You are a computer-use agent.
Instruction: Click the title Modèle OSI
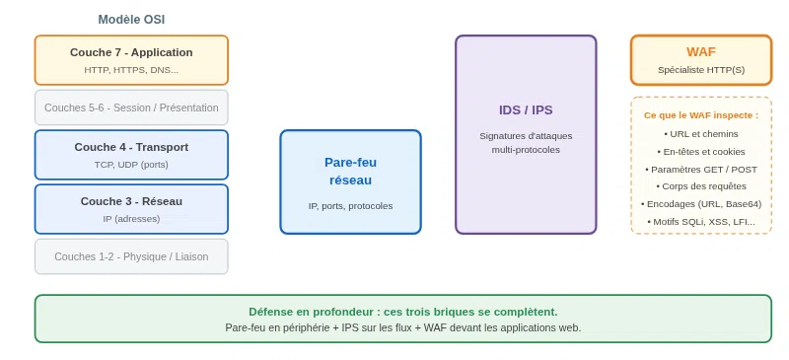(x=131, y=20)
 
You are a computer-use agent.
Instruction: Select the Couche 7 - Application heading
(x=131, y=52)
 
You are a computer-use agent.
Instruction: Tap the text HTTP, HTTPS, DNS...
(x=131, y=70)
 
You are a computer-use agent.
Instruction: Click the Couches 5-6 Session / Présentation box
(x=131, y=108)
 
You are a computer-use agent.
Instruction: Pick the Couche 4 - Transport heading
(x=131, y=147)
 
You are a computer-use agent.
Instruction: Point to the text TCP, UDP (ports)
(x=131, y=165)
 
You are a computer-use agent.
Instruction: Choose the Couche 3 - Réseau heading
(x=131, y=201)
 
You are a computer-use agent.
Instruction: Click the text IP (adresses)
(x=131, y=219)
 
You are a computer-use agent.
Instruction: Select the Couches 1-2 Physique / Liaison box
(x=131, y=256)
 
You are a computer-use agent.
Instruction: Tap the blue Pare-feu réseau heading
(x=351, y=172)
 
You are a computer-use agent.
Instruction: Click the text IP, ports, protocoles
(x=351, y=206)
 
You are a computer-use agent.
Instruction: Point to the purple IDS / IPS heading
(x=526, y=110)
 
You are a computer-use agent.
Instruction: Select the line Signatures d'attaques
(x=526, y=136)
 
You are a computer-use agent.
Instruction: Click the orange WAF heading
(x=701, y=52)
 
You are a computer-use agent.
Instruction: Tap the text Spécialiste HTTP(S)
(x=701, y=70)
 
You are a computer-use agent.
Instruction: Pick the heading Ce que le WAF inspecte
(x=701, y=115)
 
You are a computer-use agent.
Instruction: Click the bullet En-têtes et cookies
(x=701, y=152)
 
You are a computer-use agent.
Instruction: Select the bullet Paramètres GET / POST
(x=701, y=170)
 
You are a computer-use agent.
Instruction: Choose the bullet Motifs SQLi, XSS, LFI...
(x=701, y=222)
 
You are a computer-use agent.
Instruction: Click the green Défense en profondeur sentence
(x=403, y=312)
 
